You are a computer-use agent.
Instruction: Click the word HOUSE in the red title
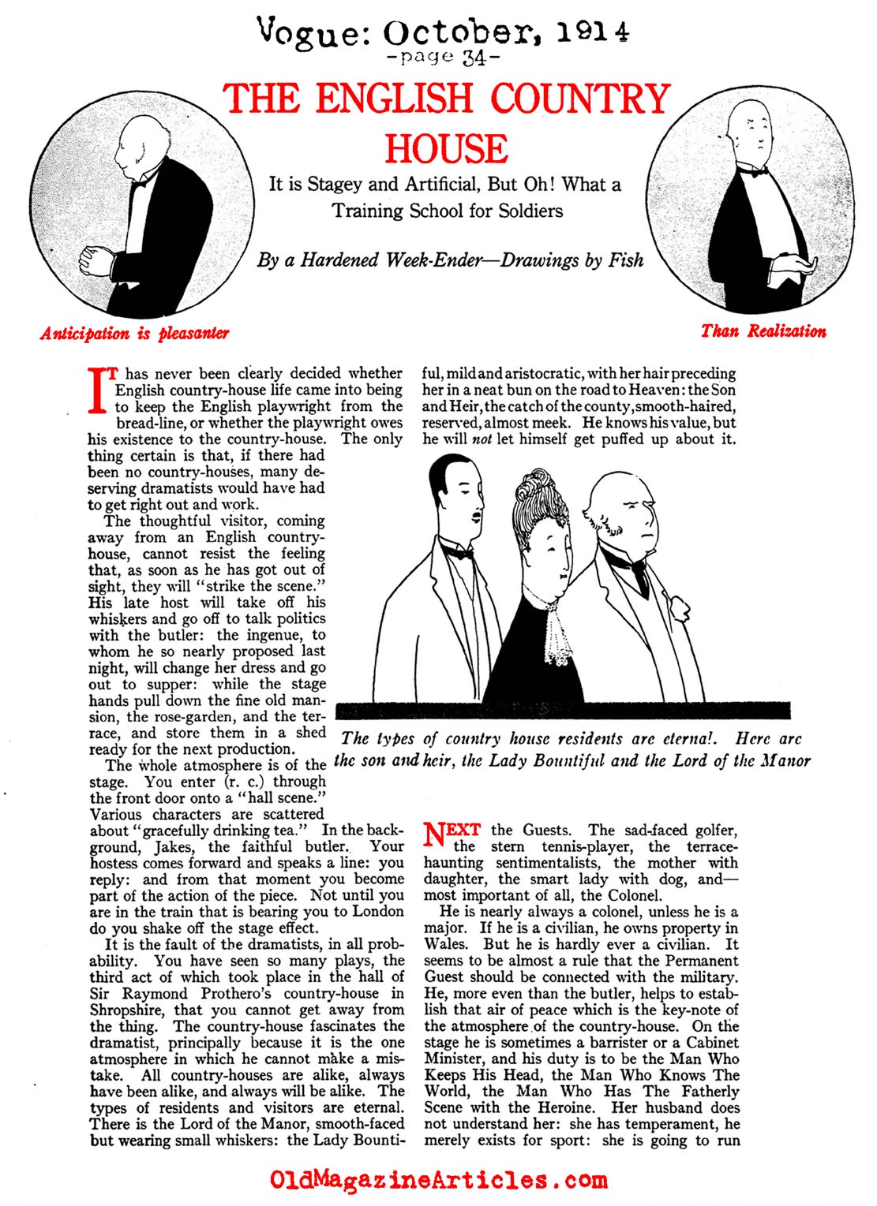pos(447,149)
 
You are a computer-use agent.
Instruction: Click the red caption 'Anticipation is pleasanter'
pos(135,333)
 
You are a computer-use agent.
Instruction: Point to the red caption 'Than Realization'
pos(763,331)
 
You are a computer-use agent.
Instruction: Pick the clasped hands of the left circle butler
pos(96,259)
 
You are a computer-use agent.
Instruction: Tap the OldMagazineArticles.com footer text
pos(439,1180)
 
